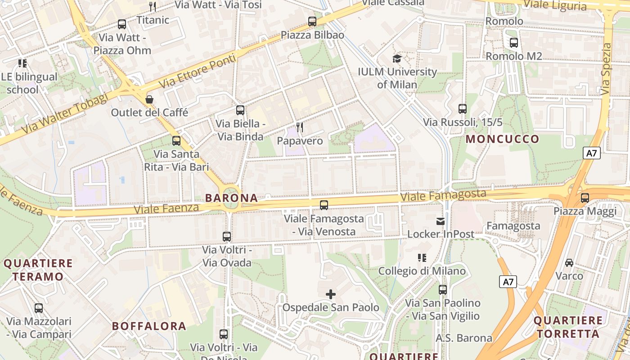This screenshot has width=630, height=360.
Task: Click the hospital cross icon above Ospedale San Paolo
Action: pyautogui.click(x=331, y=295)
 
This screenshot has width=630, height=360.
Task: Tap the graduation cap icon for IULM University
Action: pyautogui.click(x=397, y=58)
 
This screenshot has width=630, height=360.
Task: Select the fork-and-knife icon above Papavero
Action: pyautogui.click(x=300, y=127)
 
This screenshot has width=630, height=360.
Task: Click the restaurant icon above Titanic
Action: pyautogui.click(x=153, y=6)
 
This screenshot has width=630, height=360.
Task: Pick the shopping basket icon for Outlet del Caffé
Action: pyautogui.click(x=149, y=99)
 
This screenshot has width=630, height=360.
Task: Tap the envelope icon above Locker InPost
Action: pyautogui.click(x=440, y=221)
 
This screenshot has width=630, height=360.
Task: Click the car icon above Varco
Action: pyautogui.click(x=569, y=262)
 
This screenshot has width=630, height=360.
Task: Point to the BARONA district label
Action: pyautogui.click(x=231, y=198)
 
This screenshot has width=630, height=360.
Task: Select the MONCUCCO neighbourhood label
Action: pyautogui.click(x=502, y=139)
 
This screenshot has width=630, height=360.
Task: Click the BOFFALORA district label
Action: pyautogui.click(x=149, y=326)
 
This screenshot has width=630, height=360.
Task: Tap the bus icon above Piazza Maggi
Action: pyautogui.click(x=585, y=198)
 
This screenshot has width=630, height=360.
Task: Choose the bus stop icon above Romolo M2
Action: pyautogui.click(x=513, y=43)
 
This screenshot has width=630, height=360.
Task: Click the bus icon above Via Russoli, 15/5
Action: pyautogui.click(x=462, y=108)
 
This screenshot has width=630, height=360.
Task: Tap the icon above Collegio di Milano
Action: pyautogui.click(x=422, y=258)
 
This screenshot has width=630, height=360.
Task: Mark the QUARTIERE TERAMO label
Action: pyautogui.click(x=38, y=270)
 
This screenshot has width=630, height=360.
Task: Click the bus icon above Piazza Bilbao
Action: pyautogui.click(x=312, y=21)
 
